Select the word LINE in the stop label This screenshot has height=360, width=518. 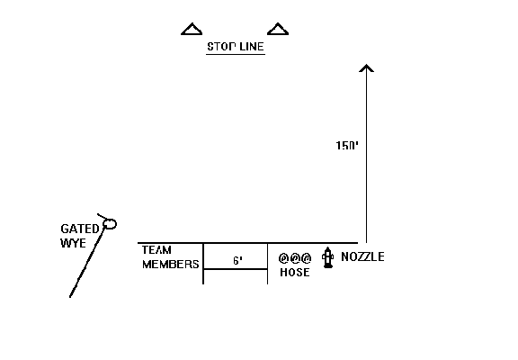252,46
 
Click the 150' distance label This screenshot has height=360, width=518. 347,146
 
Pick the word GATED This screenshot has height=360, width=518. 80,229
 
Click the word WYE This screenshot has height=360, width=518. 74,243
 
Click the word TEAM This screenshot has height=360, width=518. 156,250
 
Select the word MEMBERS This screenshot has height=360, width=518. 171,265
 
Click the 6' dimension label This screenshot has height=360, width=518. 237,261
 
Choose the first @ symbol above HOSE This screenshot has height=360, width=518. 284,258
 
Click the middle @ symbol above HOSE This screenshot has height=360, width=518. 295,258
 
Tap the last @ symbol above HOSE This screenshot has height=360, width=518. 307,258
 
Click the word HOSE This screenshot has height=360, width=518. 295,273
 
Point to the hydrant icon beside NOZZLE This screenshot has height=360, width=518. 327,257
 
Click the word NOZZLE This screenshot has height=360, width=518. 362,256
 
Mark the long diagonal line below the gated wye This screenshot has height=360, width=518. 87,262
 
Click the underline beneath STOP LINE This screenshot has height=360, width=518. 236,54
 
